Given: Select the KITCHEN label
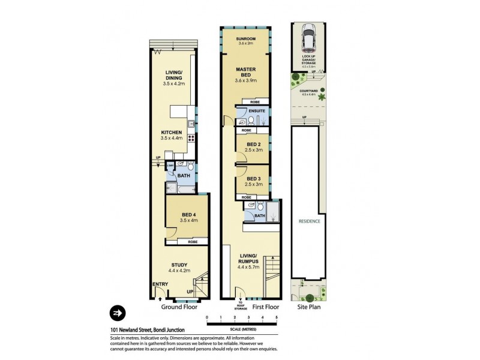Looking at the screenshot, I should pos(171,134).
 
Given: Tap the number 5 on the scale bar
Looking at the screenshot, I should pos(276,316).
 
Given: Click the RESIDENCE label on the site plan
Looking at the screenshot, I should pos(310,221).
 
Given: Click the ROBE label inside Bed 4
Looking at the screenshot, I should pos(193,242).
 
